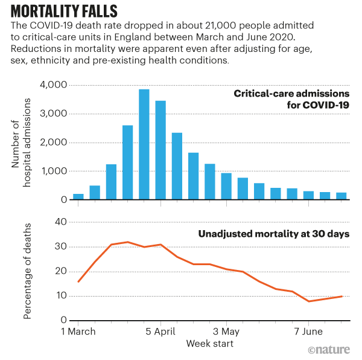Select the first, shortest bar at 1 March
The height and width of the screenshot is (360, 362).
pos(78,196)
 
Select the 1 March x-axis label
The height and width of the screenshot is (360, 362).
pos(79,332)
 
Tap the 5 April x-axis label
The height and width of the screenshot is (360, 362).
pos(160,332)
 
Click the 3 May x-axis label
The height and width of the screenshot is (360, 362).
pos(227,332)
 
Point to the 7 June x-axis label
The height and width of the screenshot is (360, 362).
pos(309,332)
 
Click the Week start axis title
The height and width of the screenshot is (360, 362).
pos(209,344)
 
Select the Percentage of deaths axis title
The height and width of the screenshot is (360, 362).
pos(27,270)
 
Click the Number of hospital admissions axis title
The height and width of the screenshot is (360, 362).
pos(22,142)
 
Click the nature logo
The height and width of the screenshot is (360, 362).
pos(329,349)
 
